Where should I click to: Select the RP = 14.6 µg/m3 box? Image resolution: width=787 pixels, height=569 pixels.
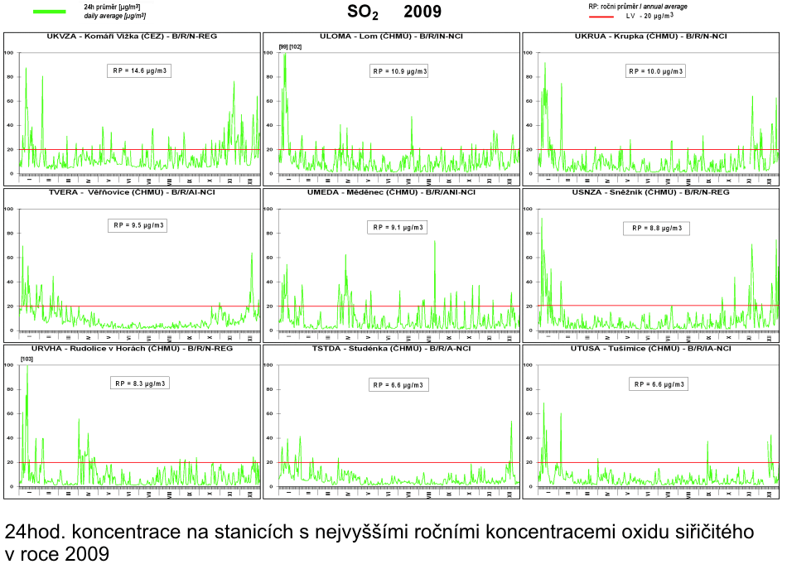[140, 71]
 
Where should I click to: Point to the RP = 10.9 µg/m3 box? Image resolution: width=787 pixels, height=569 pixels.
[400, 71]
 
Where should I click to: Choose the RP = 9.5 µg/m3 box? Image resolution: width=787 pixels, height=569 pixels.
[140, 225]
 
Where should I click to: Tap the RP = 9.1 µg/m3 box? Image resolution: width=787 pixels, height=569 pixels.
[400, 227]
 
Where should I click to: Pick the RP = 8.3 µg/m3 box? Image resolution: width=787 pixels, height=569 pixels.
[140, 383]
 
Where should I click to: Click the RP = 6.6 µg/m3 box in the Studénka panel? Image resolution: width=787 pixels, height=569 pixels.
[400, 384]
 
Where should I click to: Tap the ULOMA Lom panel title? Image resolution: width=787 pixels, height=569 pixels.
[389, 37]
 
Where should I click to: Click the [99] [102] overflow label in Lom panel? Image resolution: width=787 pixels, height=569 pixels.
[291, 46]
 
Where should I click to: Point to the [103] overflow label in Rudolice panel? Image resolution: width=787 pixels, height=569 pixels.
[27, 358]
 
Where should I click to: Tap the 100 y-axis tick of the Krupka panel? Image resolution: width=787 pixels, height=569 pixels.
[529, 53]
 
